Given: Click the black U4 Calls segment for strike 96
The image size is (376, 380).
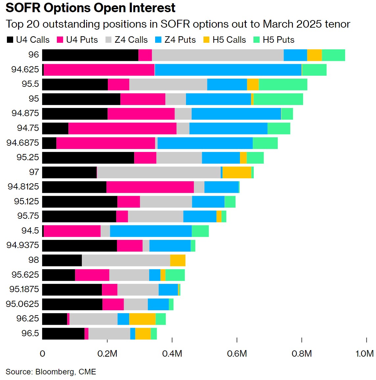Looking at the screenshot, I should coord(90,55).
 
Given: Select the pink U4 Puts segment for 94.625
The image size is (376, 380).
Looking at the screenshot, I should coord(99,70).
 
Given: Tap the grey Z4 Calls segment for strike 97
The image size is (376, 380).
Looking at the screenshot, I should coord(159,172).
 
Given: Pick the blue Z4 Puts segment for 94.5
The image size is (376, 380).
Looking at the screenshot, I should coord(151,231).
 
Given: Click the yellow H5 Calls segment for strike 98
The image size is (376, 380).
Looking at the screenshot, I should coord(178,260).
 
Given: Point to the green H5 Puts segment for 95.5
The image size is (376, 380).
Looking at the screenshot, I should coord(283,85).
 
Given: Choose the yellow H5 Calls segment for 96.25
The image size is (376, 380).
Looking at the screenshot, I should coord(142,319).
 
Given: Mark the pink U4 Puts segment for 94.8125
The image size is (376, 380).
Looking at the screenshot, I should coord(150,187).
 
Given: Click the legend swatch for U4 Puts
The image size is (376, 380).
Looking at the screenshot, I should coord(60,40).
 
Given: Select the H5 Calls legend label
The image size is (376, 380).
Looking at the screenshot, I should coord(229,40).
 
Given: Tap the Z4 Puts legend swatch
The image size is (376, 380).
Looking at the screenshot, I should coord(158,40).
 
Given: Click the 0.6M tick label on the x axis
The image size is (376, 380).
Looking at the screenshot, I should coord(237,354).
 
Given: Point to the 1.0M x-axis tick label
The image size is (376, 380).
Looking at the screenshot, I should coord(364,354).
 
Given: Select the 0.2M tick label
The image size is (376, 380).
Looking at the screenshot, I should coord(107,354).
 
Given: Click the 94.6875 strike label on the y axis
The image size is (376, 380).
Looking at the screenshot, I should coord(23,143).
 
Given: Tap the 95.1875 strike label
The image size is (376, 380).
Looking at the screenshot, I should coord(24,289).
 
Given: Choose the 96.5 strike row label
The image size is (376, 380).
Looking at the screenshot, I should coord(30,333).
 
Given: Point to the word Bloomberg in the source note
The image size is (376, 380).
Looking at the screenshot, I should coord(55,372).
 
